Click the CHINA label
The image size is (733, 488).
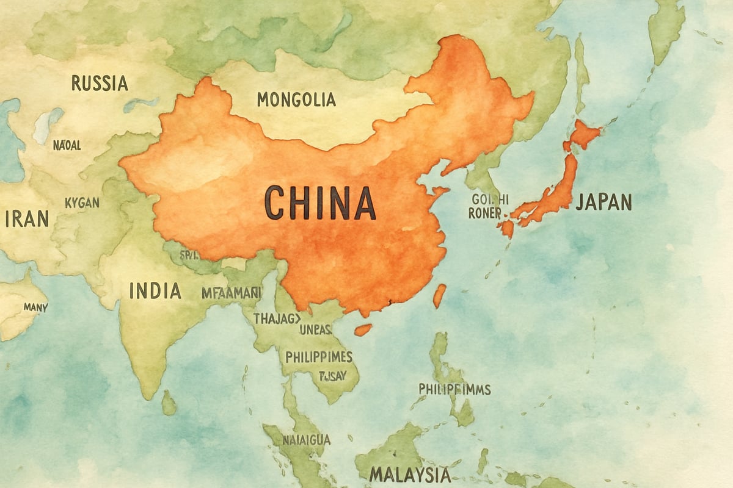[x=320, y=204]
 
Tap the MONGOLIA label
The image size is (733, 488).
[x=296, y=99]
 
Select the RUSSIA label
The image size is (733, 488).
[x=100, y=83]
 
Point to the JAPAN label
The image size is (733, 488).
[x=604, y=202]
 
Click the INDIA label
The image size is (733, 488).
[x=155, y=290]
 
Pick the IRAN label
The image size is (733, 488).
[x=27, y=219]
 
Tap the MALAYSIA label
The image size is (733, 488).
[x=410, y=474]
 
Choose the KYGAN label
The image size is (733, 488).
[x=82, y=203]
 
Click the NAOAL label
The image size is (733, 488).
[x=67, y=145]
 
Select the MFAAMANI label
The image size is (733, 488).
[x=232, y=293]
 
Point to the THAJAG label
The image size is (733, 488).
[x=277, y=318]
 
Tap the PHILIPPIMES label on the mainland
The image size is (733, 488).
[x=319, y=356]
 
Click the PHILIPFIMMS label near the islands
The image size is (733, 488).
[x=454, y=389]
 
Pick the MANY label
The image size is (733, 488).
[x=36, y=307]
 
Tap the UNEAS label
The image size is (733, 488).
[x=315, y=330]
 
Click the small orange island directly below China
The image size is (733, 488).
[x=363, y=329]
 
